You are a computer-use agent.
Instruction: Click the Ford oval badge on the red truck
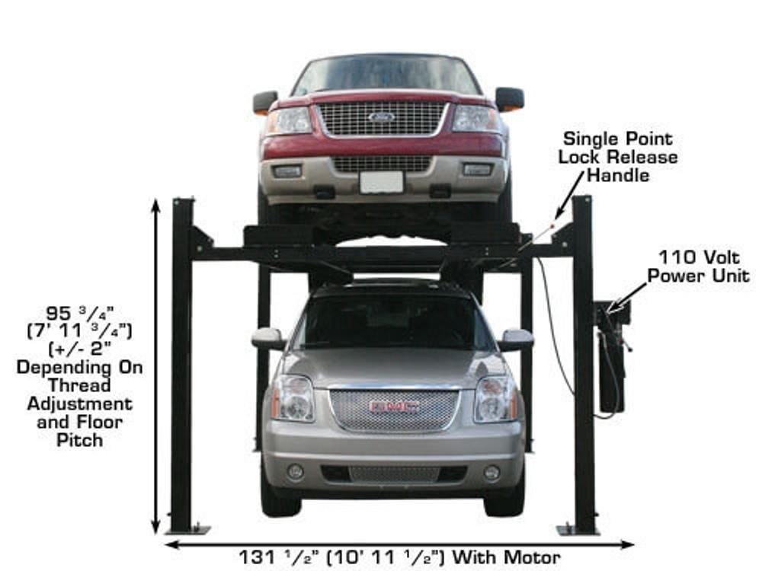click(x=381, y=117)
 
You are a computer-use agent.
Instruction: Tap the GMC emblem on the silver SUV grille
click(x=394, y=407)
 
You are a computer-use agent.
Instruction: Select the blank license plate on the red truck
click(x=381, y=182)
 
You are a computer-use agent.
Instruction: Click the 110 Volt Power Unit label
click(x=699, y=266)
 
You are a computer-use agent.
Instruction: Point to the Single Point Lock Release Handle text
click(x=618, y=158)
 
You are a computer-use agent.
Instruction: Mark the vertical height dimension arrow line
click(x=156, y=365)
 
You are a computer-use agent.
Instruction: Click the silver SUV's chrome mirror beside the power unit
click(x=516, y=340)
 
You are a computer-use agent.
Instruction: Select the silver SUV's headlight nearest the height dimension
click(x=293, y=398)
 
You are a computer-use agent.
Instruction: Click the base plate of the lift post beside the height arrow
click(x=187, y=528)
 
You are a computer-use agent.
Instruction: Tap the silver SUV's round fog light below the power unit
click(x=491, y=473)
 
